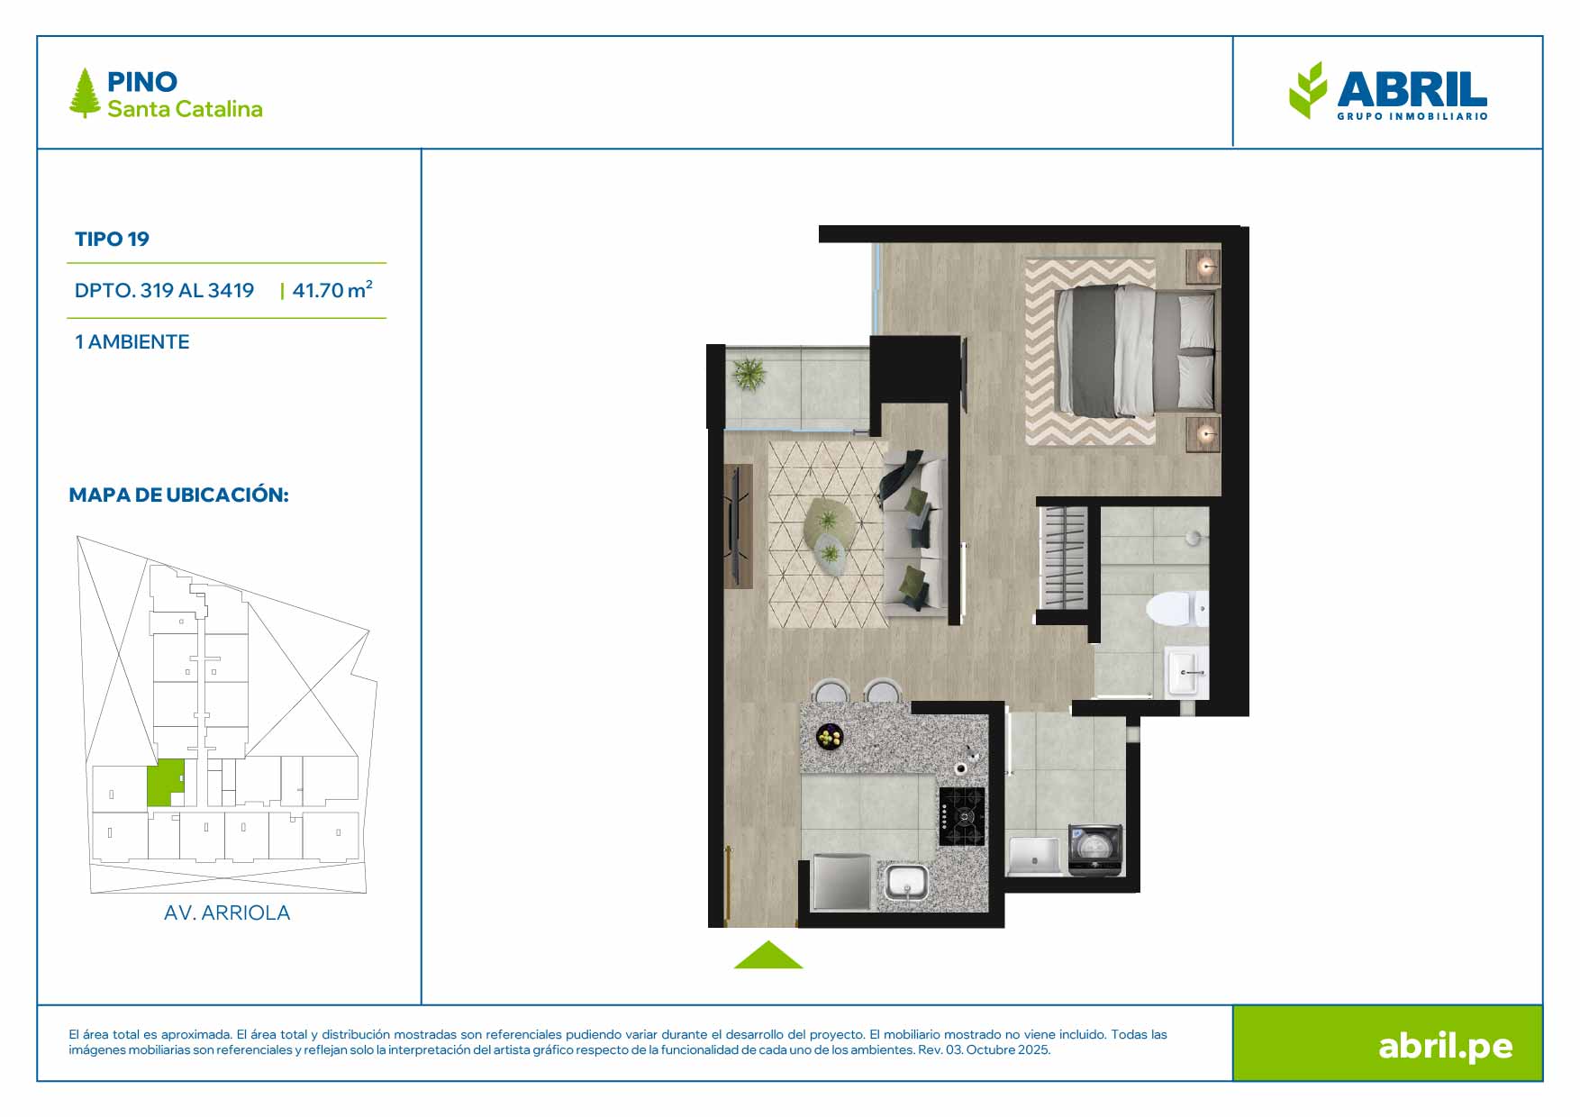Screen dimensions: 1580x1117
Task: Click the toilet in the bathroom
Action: coord(1177,609)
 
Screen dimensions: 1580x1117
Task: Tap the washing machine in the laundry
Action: coord(1095,849)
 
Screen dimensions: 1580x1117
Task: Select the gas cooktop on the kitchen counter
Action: coord(962,816)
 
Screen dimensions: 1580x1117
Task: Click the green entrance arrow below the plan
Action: coord(768,955)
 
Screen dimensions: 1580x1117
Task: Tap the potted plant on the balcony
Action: coord(749,373)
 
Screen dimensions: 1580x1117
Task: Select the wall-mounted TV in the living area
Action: coord(736,526)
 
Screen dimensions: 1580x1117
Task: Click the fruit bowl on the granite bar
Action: coord(830,737)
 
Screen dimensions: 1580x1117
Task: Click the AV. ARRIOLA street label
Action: coord(227,913)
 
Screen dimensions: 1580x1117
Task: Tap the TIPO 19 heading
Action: coord(112,239)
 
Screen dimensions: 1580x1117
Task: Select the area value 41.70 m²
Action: coord(332,289)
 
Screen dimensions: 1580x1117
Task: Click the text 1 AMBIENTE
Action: coord(132,341)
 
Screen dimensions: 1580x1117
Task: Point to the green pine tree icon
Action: coord(85,93)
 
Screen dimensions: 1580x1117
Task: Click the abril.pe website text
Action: coord(1445,1046)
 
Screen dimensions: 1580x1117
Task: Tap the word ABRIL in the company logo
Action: coord(1412,89)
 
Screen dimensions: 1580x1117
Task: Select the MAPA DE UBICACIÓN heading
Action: coord(178,495)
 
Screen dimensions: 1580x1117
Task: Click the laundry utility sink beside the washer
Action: coord(1034,855)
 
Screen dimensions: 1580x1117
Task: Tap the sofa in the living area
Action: coord(912,532)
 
